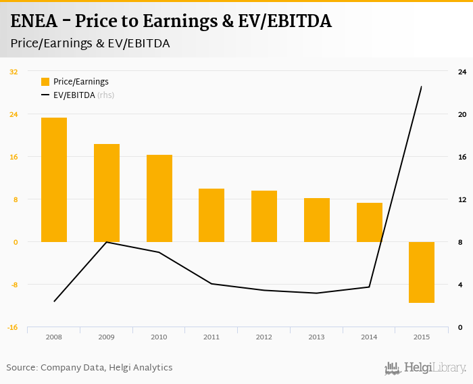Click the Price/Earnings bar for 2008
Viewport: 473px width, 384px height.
tap(54, 180)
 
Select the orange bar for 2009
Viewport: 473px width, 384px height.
tap(107, 193)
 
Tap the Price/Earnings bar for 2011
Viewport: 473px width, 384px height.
tap(211, 215)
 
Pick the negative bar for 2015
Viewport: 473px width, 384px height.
tap(422, 272)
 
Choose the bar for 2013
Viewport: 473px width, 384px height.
tap(316, 220)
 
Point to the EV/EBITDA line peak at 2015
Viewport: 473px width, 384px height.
tap(422, 87)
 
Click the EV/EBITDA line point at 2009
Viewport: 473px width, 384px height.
tap(107, 242)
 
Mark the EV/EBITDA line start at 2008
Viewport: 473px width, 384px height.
tap(54, 301)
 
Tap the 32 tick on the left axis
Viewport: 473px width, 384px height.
tap(14, 72)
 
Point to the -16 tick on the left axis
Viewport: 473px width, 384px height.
tap(14, 327)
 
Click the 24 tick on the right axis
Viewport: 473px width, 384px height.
tap(462, 72)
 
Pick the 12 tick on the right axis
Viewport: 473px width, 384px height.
tap(462, 199)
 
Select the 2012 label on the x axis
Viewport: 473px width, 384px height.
tap(264, 337)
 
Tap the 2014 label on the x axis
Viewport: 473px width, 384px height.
tap(369, 337)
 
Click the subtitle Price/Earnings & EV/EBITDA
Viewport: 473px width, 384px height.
tap(90, 43)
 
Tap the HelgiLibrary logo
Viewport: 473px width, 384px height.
tap(426, 368)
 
